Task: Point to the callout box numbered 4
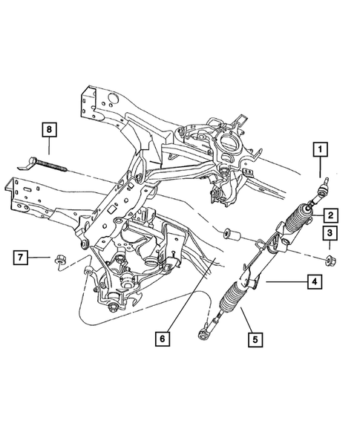(x=315, y=282)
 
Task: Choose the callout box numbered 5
(x=255, y=342)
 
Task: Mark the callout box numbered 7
(x=23, y=258)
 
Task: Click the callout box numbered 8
(x=48, y=130)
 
